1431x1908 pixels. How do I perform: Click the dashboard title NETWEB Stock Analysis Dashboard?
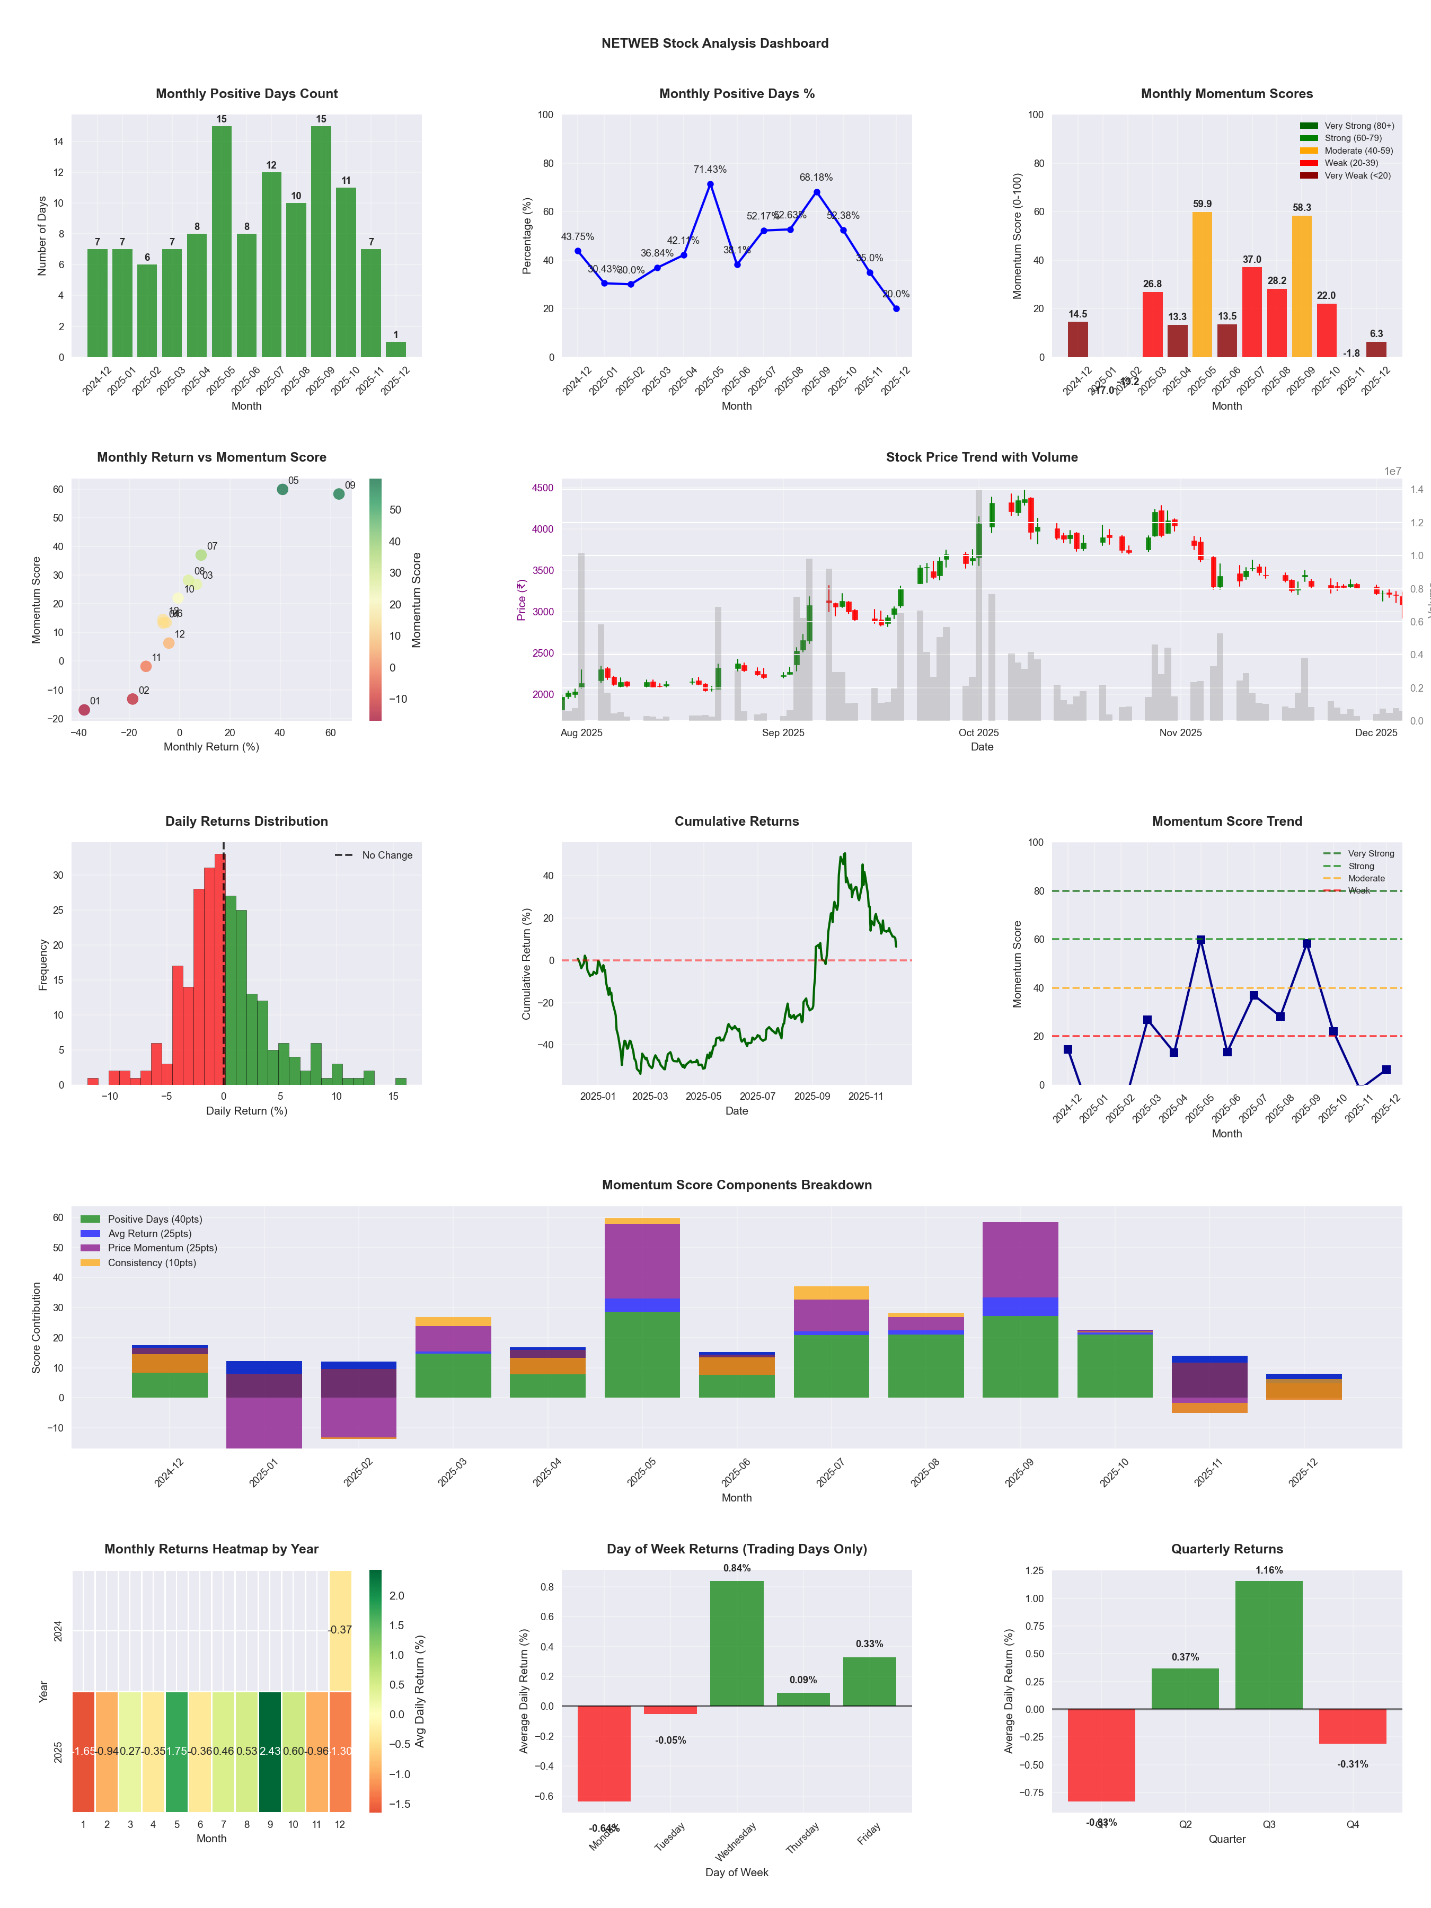(714, 43)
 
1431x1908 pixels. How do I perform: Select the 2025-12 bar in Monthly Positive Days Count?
(396, 349)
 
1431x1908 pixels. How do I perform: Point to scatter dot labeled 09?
(339, 494)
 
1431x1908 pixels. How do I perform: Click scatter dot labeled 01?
(84, 710)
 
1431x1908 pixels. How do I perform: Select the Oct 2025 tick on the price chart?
(978, 733)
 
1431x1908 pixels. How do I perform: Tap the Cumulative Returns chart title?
(737, 821)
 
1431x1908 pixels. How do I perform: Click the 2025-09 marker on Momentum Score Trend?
(1307, 943)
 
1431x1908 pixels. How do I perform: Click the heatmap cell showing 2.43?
(270, 1751)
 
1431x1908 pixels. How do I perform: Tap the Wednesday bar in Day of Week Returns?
(737, 1643)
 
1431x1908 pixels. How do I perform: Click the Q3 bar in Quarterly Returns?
(1269, 1645)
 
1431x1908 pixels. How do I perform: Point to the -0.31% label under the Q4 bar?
(1353, 1764)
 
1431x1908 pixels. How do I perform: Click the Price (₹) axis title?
(521, 600)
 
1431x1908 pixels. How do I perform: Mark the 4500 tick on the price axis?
(543, 488)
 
